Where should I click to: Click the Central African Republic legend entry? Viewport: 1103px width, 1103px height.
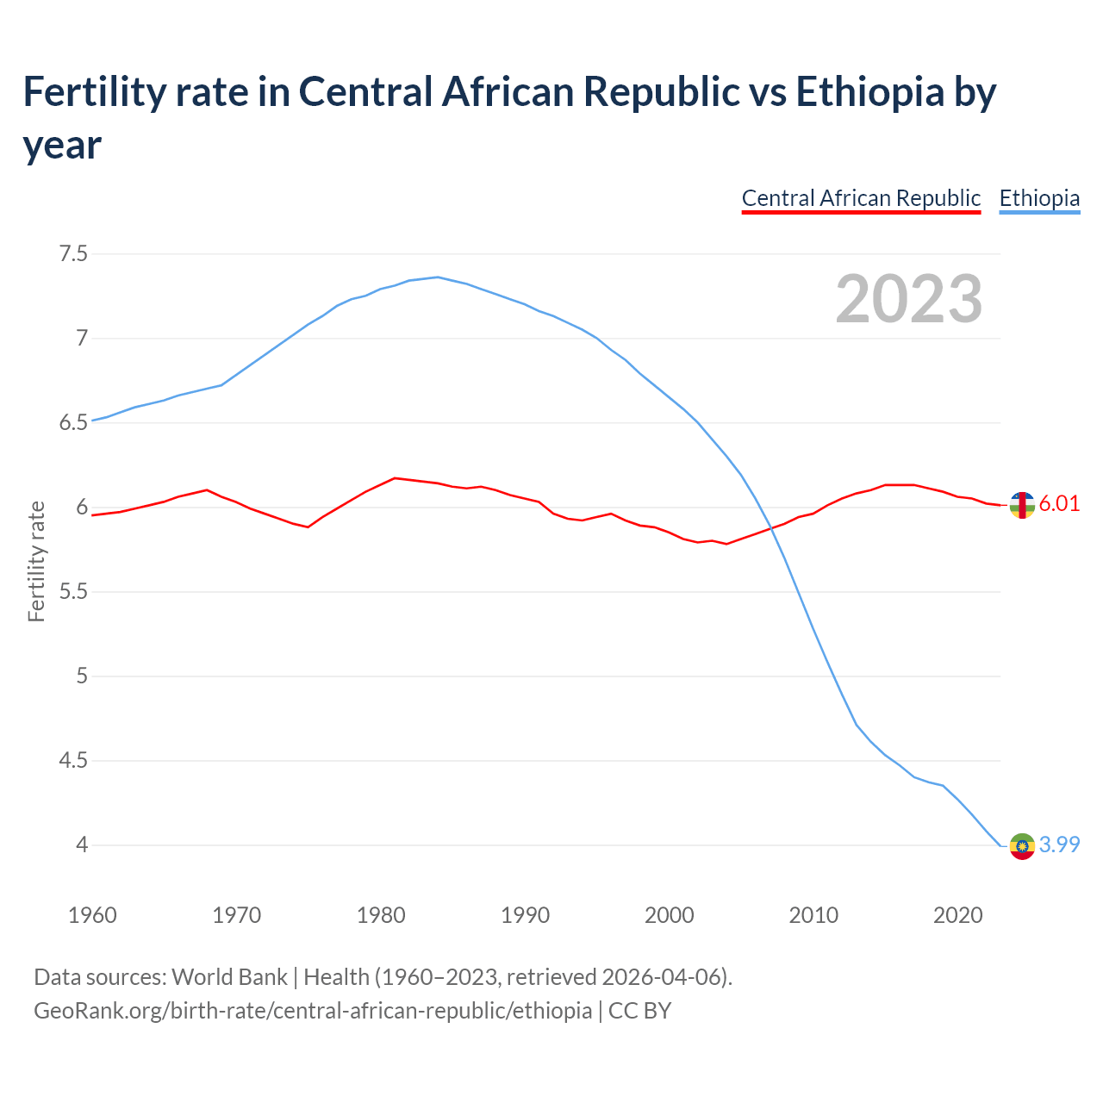tap(861, 198)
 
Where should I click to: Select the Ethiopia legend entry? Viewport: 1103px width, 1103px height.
tap(1039, 198)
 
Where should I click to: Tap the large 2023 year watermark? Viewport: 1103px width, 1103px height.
tap(909, 298)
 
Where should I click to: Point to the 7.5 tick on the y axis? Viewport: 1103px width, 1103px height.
tap(73, 253)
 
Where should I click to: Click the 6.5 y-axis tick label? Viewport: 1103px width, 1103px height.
tap(73, 422)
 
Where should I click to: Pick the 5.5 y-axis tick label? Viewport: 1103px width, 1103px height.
tap(73, 592)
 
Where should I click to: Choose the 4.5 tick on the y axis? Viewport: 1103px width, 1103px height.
tap(73, 761)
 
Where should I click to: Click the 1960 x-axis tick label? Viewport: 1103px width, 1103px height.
tap(92, 915)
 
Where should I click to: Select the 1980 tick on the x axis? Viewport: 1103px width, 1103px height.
tap(381, 915)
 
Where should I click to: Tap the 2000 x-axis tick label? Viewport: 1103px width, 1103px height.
tap(670, 915)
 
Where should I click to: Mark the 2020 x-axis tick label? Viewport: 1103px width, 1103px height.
tap(957, 915)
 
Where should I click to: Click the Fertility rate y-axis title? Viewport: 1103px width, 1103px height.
tap(36, 561)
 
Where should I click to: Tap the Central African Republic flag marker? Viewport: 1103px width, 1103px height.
tap(1022, 506)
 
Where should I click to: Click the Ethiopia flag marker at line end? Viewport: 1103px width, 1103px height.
tap(1022, 846)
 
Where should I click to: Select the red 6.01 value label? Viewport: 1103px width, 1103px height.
tap(1059, 504)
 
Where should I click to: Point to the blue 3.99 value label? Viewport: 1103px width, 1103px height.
tap(1059, 845)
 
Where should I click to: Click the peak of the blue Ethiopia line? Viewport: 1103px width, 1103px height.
tap(438, 277)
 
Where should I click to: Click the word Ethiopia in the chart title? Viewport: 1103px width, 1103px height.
tap(870, 92)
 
